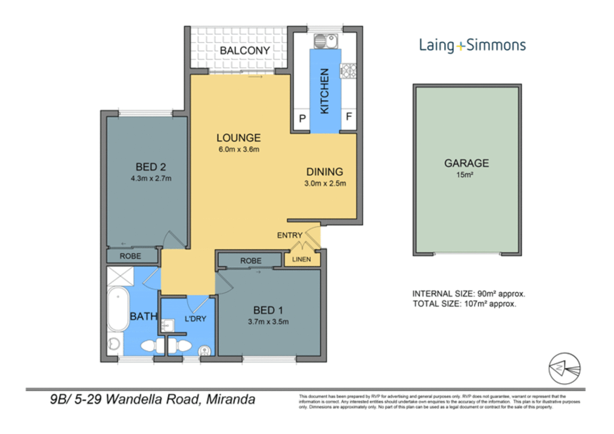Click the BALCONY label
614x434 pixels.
[x=244, y=51]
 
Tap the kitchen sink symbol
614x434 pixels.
[x=326, y=41]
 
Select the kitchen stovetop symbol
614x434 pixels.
[x=348, y=71]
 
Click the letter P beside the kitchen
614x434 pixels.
[x=302, y=119]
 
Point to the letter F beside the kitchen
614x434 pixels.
[x=349, y=117]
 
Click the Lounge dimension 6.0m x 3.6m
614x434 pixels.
[x=239, y=149]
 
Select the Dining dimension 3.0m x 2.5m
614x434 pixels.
[x=325, y=184]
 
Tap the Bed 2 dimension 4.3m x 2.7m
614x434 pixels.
[x=151, y=178]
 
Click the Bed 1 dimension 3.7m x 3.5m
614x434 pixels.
[x=268, y=322]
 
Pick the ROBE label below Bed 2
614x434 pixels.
[x=130, y=256]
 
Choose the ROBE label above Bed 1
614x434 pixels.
[x=251, y=261]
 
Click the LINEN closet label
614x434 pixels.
[x=301, y=260]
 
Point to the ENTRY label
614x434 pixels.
[x=290, y=235]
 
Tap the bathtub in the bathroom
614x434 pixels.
[x=118, y=309]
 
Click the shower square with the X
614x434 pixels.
[x=120, y=276]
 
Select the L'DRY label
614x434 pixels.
[x=195, y=319]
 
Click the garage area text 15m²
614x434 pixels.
[x=464, y=175]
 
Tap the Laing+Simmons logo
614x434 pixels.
[x=472, y=45]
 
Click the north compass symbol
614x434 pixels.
[x=564, y=368]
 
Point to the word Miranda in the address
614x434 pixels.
[x=230, y=399]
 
